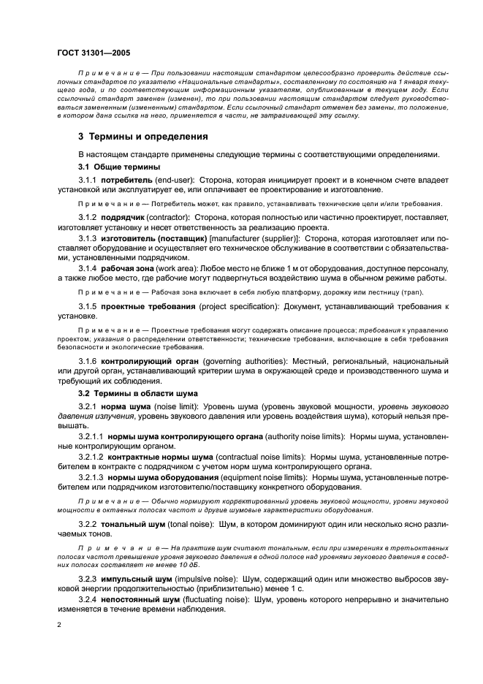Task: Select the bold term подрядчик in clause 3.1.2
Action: click(123, 218)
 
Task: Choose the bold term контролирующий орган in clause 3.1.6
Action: click(148, 361)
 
